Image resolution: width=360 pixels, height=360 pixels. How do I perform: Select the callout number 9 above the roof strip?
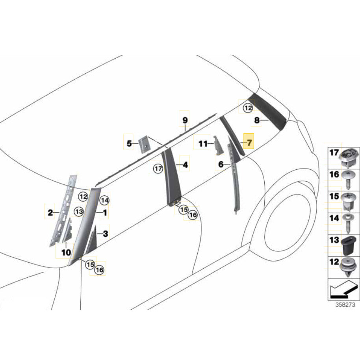185,120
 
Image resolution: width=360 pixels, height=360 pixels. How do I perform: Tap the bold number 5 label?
129,144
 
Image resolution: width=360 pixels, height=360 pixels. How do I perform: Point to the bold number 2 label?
50,213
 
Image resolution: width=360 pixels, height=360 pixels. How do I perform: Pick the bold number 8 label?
257,120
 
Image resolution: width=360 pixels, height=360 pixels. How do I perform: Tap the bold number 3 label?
105,234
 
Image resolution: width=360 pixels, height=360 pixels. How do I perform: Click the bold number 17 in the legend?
334,152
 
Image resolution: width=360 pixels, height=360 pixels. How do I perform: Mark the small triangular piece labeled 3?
93,241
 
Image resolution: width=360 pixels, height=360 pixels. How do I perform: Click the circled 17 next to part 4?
158,169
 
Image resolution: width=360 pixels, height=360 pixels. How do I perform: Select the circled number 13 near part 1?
79,212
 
